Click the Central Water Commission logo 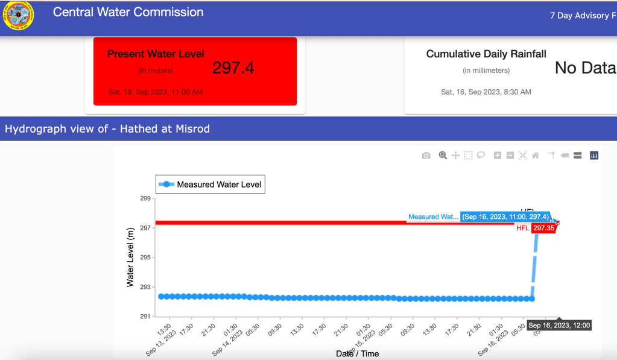click(18, 16)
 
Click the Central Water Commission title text click(128, 12)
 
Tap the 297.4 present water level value click(233, 68)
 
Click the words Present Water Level click(156, 54)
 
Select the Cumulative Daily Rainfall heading click(486, 54)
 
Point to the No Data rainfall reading click(584, 68)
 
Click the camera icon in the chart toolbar click(426, 156)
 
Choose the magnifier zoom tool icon click(443, 156)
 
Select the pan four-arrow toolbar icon click(455, 156)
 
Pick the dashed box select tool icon click(468, 156)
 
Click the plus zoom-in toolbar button click(498, 156)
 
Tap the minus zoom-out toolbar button click(510, 156)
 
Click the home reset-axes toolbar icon click(535, 156)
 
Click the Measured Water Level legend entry click(210, 185)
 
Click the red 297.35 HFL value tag click(543, 229)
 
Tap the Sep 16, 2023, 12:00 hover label click(559, 326)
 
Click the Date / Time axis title click(358, 353)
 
